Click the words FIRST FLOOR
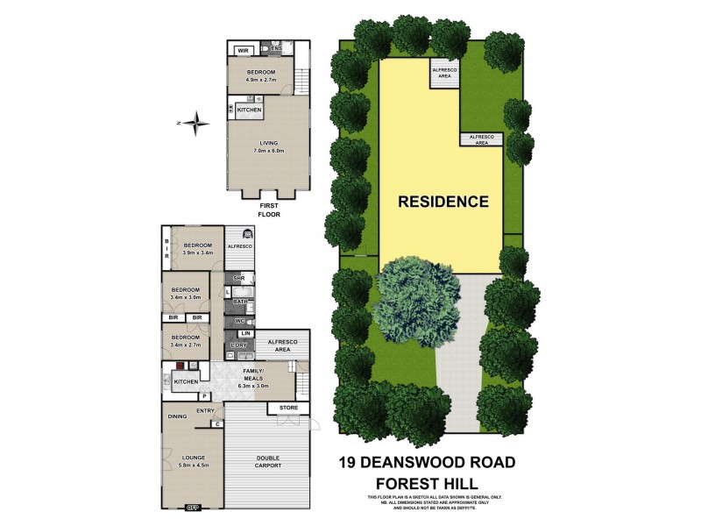coord(267,209)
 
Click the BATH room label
coord(238,302)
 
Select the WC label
coord(238,321)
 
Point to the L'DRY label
coord(240,345)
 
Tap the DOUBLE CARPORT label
coord(269,462)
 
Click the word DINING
coord(178,416)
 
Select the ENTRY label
coord(205,410)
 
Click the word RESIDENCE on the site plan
coord(443,201)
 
